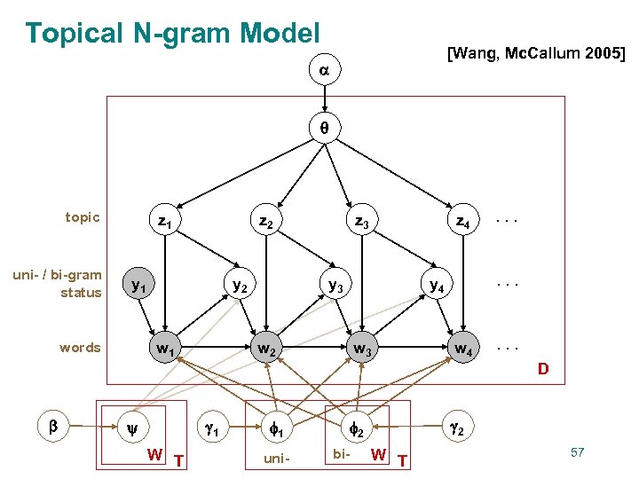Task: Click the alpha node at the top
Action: tap(324, 69)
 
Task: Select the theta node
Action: tap(324, 128)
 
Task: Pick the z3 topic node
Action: tap(361, 218)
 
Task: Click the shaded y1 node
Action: tap(138, 286)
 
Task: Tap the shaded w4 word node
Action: tap(461, 349)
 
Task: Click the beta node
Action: tap(52, 426)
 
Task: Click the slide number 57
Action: tap(577, 453)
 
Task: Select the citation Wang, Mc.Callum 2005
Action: tap(537, 54)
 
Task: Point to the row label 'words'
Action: tap(80, 348)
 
